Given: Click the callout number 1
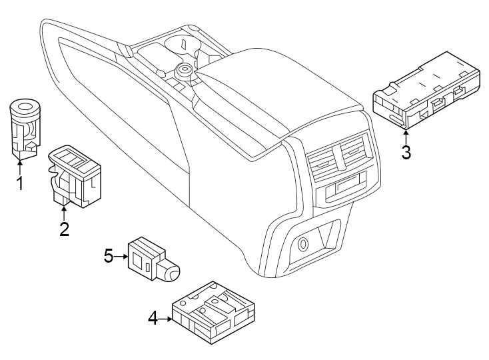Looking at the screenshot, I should (20, 182).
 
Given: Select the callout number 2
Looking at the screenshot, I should (64, 229).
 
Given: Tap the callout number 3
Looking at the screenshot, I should (406, 151).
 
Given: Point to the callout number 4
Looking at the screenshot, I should (153, 319).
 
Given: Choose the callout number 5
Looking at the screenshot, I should (109, 255).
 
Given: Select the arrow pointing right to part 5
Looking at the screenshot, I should (122, 255).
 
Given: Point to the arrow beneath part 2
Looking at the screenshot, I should (64, 213).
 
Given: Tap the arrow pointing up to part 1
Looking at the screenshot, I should (20, 165).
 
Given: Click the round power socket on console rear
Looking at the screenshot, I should (302, 244).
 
